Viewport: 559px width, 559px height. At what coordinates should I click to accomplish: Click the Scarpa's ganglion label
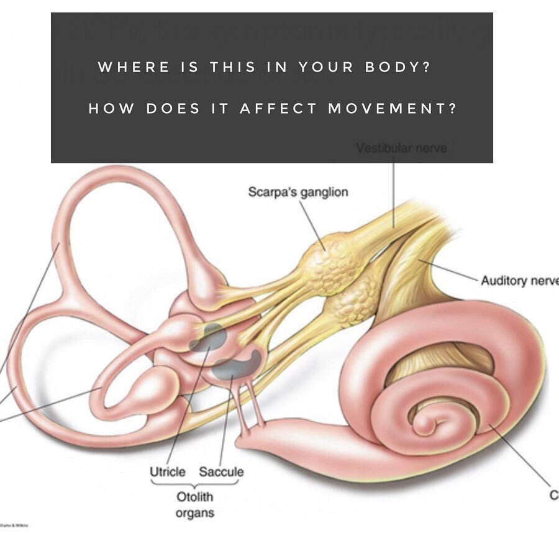[298, 192]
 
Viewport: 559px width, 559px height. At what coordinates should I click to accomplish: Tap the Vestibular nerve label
[401, 149]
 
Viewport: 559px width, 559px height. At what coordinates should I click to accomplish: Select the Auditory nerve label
[519, 281]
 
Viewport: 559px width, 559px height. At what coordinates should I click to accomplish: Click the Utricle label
[168, 471]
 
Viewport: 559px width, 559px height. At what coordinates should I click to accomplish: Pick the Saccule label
[221, 471]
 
